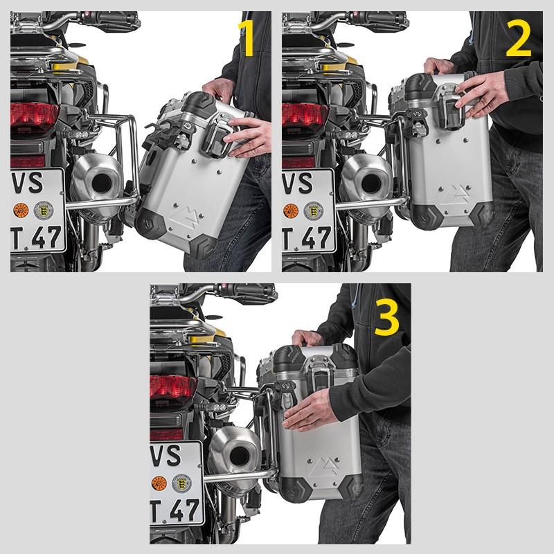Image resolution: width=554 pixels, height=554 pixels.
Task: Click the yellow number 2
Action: [518, 39]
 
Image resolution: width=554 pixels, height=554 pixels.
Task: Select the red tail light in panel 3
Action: [174, 387]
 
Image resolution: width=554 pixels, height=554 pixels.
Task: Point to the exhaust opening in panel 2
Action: [373, 184]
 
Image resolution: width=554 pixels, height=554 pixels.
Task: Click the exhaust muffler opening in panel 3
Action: [242, 456]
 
